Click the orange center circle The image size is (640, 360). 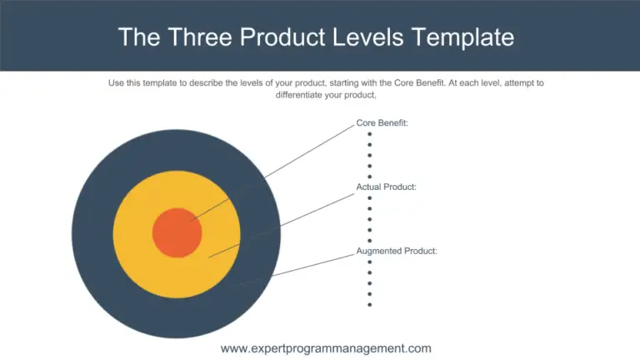point(177,232)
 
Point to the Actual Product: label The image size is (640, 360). point(386,187)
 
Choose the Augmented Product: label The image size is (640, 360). point(397,251)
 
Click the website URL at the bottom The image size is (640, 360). point(326,348)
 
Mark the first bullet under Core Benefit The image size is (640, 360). point(369,133)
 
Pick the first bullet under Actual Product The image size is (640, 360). point(369,197)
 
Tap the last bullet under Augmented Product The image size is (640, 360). point(369,304)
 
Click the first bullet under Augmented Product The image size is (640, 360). point(369,262)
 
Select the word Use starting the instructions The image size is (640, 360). point(117,82)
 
